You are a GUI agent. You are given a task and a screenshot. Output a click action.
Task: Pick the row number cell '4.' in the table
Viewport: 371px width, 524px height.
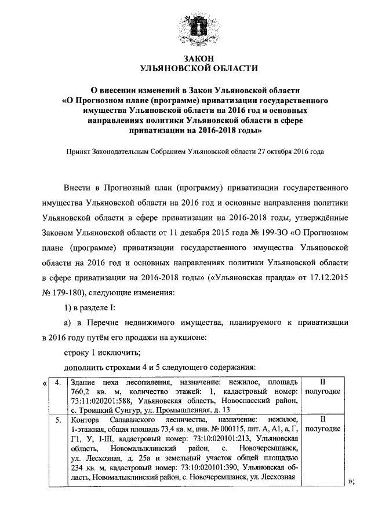pyautogui.click(x=57, y=383)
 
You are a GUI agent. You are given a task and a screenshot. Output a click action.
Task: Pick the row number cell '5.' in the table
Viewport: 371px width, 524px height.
pyautogui.click(x=57, y=419)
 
